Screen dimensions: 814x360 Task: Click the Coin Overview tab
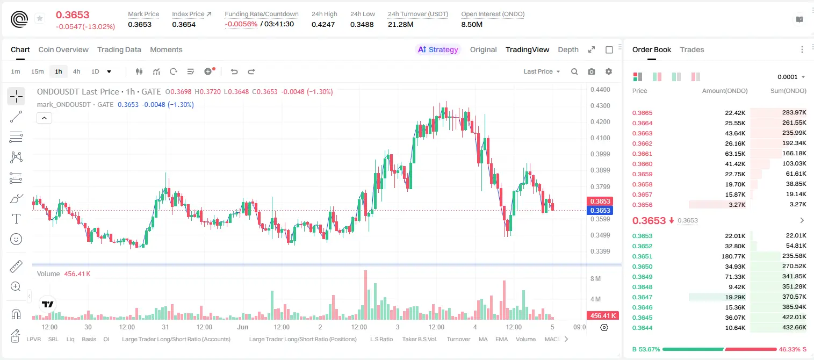[x=63, y=49]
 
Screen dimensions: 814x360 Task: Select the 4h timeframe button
[x=76, y=71]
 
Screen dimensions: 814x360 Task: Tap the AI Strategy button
[x=438, y=49]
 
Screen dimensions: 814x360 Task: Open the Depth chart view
[x=568, y=49]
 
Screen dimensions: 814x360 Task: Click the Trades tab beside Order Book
[x=692, y=49]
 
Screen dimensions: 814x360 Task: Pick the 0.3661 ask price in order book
[x=642, y=154]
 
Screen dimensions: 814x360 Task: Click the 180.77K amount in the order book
[x=733, y=256]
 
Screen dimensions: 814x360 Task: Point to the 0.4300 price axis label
[x=600, y=106]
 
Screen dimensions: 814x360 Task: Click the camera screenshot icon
[x=592, y=71]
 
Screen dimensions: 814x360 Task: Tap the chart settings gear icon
[x=609, y=71]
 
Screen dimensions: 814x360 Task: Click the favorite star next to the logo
[x=40, y=18]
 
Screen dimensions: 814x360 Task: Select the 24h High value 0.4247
[x=323, y=24]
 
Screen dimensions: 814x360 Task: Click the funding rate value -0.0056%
[x=241, y=24]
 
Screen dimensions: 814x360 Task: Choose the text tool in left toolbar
[x=16, y=219]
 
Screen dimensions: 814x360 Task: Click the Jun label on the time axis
[x=243, y=327]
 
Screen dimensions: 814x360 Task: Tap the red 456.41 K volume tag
[x=603, y=316]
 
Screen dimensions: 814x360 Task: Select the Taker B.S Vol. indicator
[x=420, y=339]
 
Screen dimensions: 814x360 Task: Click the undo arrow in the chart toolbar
[x=234, y=71]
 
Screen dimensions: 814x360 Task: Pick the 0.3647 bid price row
[x=642, y=297]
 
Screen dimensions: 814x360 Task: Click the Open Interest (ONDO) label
[x=493, y=14]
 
